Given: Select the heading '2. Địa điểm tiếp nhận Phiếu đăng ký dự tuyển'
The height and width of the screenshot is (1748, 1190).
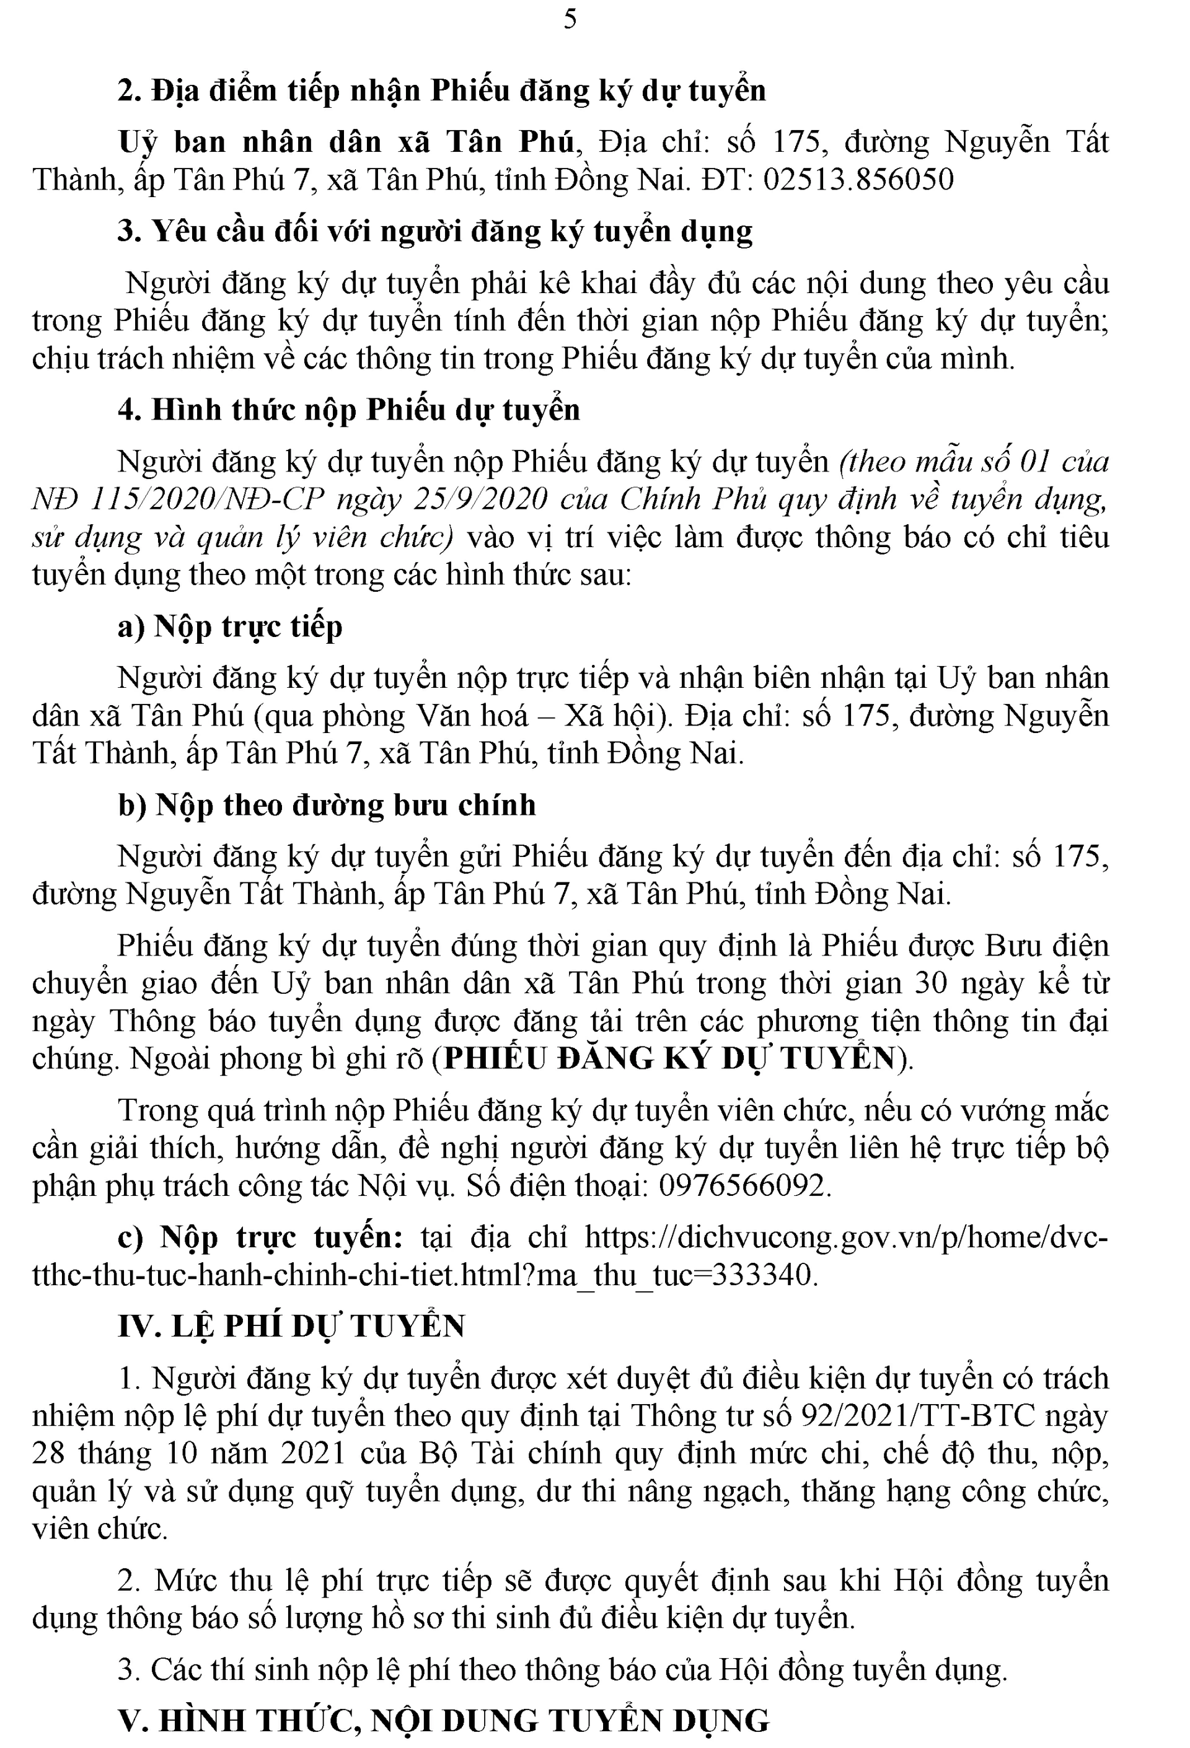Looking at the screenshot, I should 443,91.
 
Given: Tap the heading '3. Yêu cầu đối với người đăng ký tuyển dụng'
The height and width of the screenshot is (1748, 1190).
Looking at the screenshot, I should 434,232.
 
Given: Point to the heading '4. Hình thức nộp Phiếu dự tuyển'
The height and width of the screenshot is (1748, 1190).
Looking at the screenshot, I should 349,411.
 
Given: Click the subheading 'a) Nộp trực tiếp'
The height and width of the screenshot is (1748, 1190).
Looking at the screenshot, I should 230,626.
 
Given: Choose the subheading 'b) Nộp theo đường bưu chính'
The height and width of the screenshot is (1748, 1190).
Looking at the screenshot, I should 327,806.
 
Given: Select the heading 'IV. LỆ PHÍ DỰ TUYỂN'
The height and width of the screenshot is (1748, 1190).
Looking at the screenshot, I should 292,1327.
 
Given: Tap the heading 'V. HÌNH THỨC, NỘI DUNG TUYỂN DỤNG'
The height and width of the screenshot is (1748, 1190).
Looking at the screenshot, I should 444,1721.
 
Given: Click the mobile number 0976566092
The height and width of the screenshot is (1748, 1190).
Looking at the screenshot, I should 743,1186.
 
